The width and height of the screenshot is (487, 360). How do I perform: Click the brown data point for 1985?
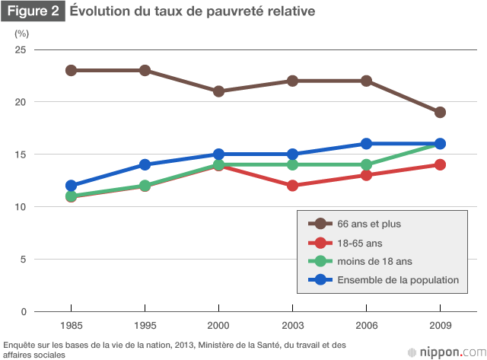pos(72,70)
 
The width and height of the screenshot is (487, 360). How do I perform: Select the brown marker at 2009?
pos(440,113)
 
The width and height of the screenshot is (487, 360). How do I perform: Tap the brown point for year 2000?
pos(218,91)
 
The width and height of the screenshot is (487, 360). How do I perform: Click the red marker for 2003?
pos(292,186)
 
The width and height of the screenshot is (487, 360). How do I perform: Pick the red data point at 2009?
pos(440,164)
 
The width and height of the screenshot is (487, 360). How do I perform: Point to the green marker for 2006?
pos(366,164)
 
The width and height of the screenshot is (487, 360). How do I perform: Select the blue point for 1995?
pos(145,164)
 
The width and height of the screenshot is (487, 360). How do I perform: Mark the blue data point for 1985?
pos(72,186)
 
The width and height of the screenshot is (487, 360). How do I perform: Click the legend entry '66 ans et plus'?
pos(369,224)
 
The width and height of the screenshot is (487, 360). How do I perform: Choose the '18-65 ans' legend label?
pos(361,243)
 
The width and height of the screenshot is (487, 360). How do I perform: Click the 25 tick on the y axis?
pos(21,49)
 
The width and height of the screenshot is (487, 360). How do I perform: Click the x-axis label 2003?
pos(292,324)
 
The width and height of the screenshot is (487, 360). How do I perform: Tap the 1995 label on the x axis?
pos(145,324)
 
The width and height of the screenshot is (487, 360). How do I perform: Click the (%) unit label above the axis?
pos(21,33)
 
